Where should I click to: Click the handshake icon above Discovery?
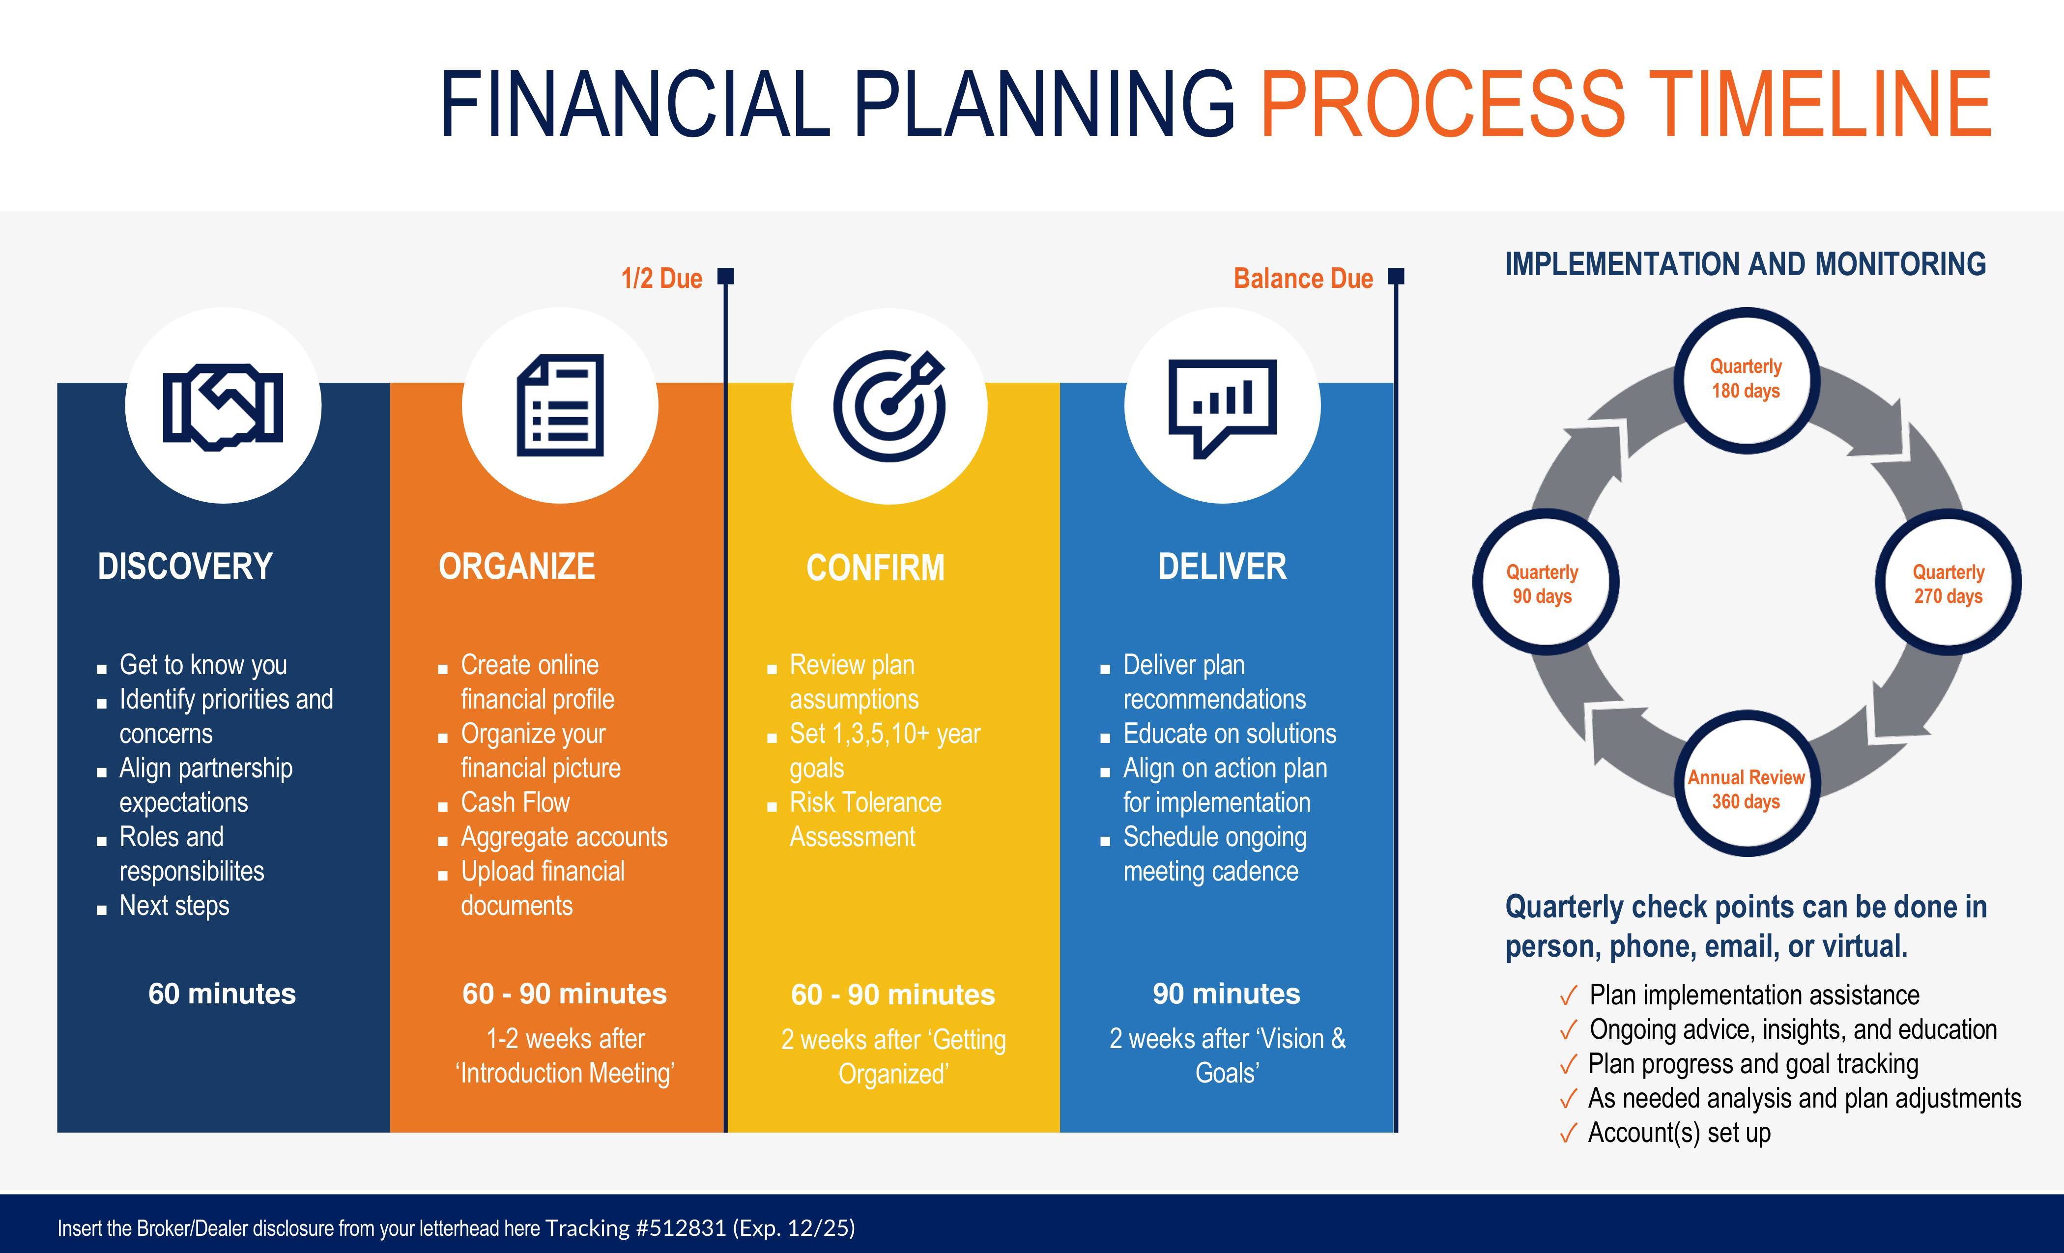tap(223, 407)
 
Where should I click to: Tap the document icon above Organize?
tap(560, 405)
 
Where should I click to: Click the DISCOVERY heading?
tap(185, 566)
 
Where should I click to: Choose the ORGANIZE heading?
tap(517, 566)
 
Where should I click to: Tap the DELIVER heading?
tap(1222, 566)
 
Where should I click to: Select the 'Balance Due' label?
tap(1303, 278)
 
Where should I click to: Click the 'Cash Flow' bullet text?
tap(515, 802)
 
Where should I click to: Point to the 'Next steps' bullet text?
tap(174, 906)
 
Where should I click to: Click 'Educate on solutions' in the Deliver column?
tap(1230, 734)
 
